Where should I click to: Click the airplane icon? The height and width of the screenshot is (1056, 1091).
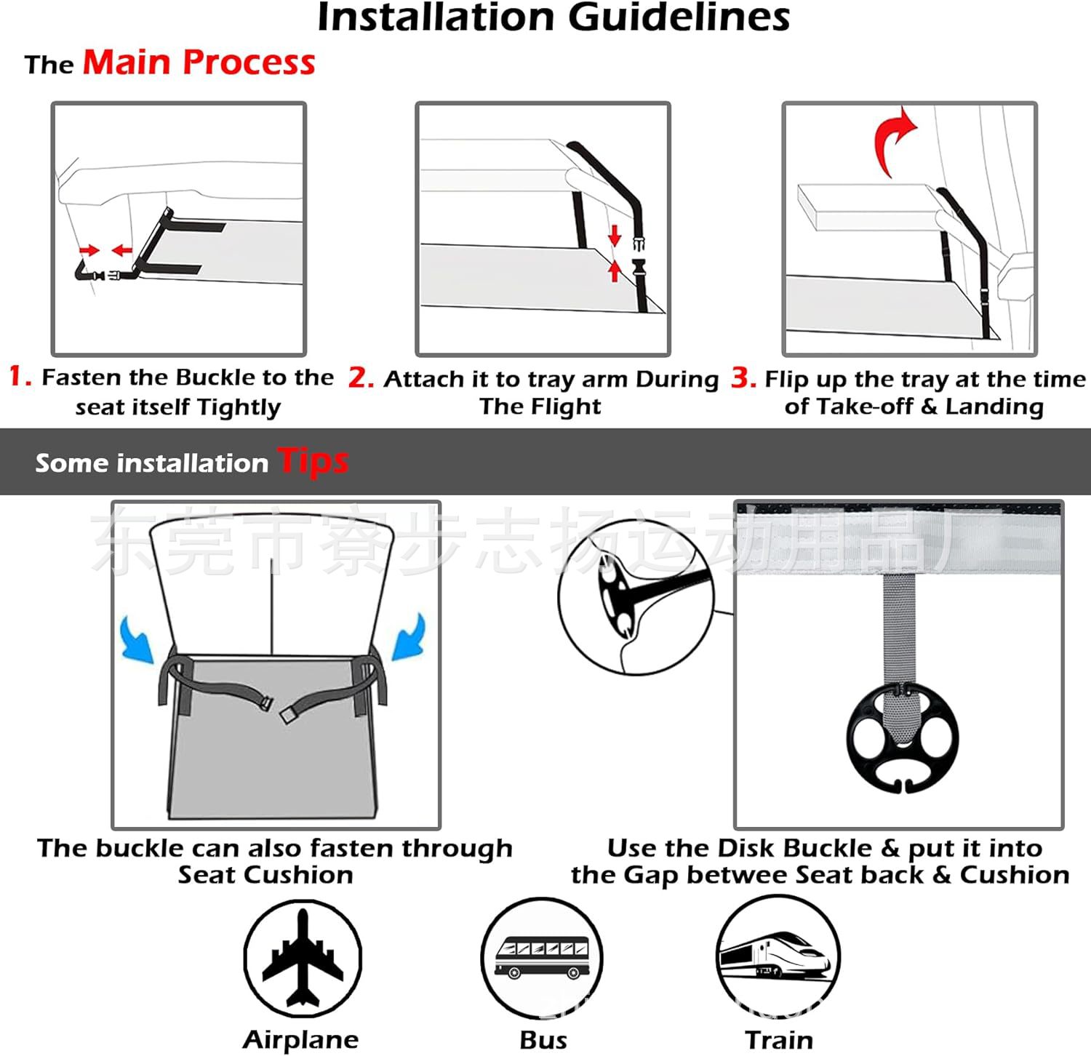(x=303, y=957)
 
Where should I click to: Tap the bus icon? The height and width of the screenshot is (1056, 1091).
(x=542, y=958)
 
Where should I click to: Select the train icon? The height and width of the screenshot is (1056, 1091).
(x=778, y=956)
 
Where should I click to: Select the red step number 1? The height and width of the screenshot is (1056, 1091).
(x=19, y=377)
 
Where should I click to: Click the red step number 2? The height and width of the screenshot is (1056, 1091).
(x=360, y=378)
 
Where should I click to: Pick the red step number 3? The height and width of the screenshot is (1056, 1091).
(x=743, y=377)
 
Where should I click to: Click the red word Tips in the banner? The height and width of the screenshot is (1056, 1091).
(x=313, y=461)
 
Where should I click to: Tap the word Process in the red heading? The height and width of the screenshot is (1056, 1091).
(x=249, y=63)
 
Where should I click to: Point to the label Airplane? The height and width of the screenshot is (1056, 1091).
(x=300, y=1039)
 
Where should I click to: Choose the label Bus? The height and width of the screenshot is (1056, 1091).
(x=543, y=1040)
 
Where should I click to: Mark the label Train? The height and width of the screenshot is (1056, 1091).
(x=779, y=1040)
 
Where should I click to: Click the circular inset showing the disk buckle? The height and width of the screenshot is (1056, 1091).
(x=636, y=596)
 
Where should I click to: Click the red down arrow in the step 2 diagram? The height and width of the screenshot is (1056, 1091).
(x=615, y=235)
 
